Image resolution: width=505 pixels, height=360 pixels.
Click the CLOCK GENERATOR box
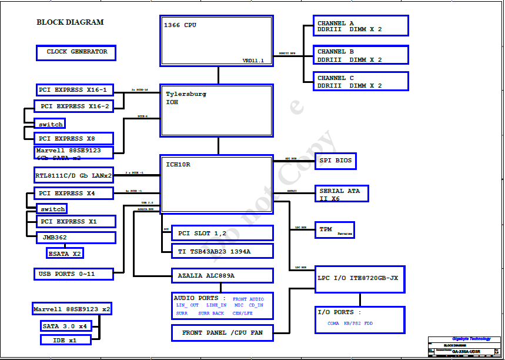click(76, 52)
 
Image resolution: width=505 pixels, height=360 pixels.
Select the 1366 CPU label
click(180, 25)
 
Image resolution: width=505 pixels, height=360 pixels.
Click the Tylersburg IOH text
click(186, 98)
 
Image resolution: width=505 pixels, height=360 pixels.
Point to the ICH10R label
click(178, 165)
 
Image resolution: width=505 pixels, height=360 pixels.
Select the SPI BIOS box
click(336, 161)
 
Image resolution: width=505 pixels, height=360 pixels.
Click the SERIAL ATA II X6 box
click(342, 194)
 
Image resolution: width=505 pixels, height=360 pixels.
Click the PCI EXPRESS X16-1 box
click(74, 90)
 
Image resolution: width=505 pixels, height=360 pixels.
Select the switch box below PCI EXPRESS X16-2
click(50, 124)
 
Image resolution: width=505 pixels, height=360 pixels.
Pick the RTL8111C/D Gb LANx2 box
click(73, 175)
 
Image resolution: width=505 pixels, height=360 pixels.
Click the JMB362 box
click(76, 238)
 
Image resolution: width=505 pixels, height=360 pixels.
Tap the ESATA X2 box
click(65, 253)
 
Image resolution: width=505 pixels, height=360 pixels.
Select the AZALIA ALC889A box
click(222, 275)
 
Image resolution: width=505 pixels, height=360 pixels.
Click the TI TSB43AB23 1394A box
click(222, 251)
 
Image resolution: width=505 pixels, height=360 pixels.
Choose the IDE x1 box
click(66, 339)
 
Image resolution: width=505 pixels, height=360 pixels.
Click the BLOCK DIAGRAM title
click(70, 22)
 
